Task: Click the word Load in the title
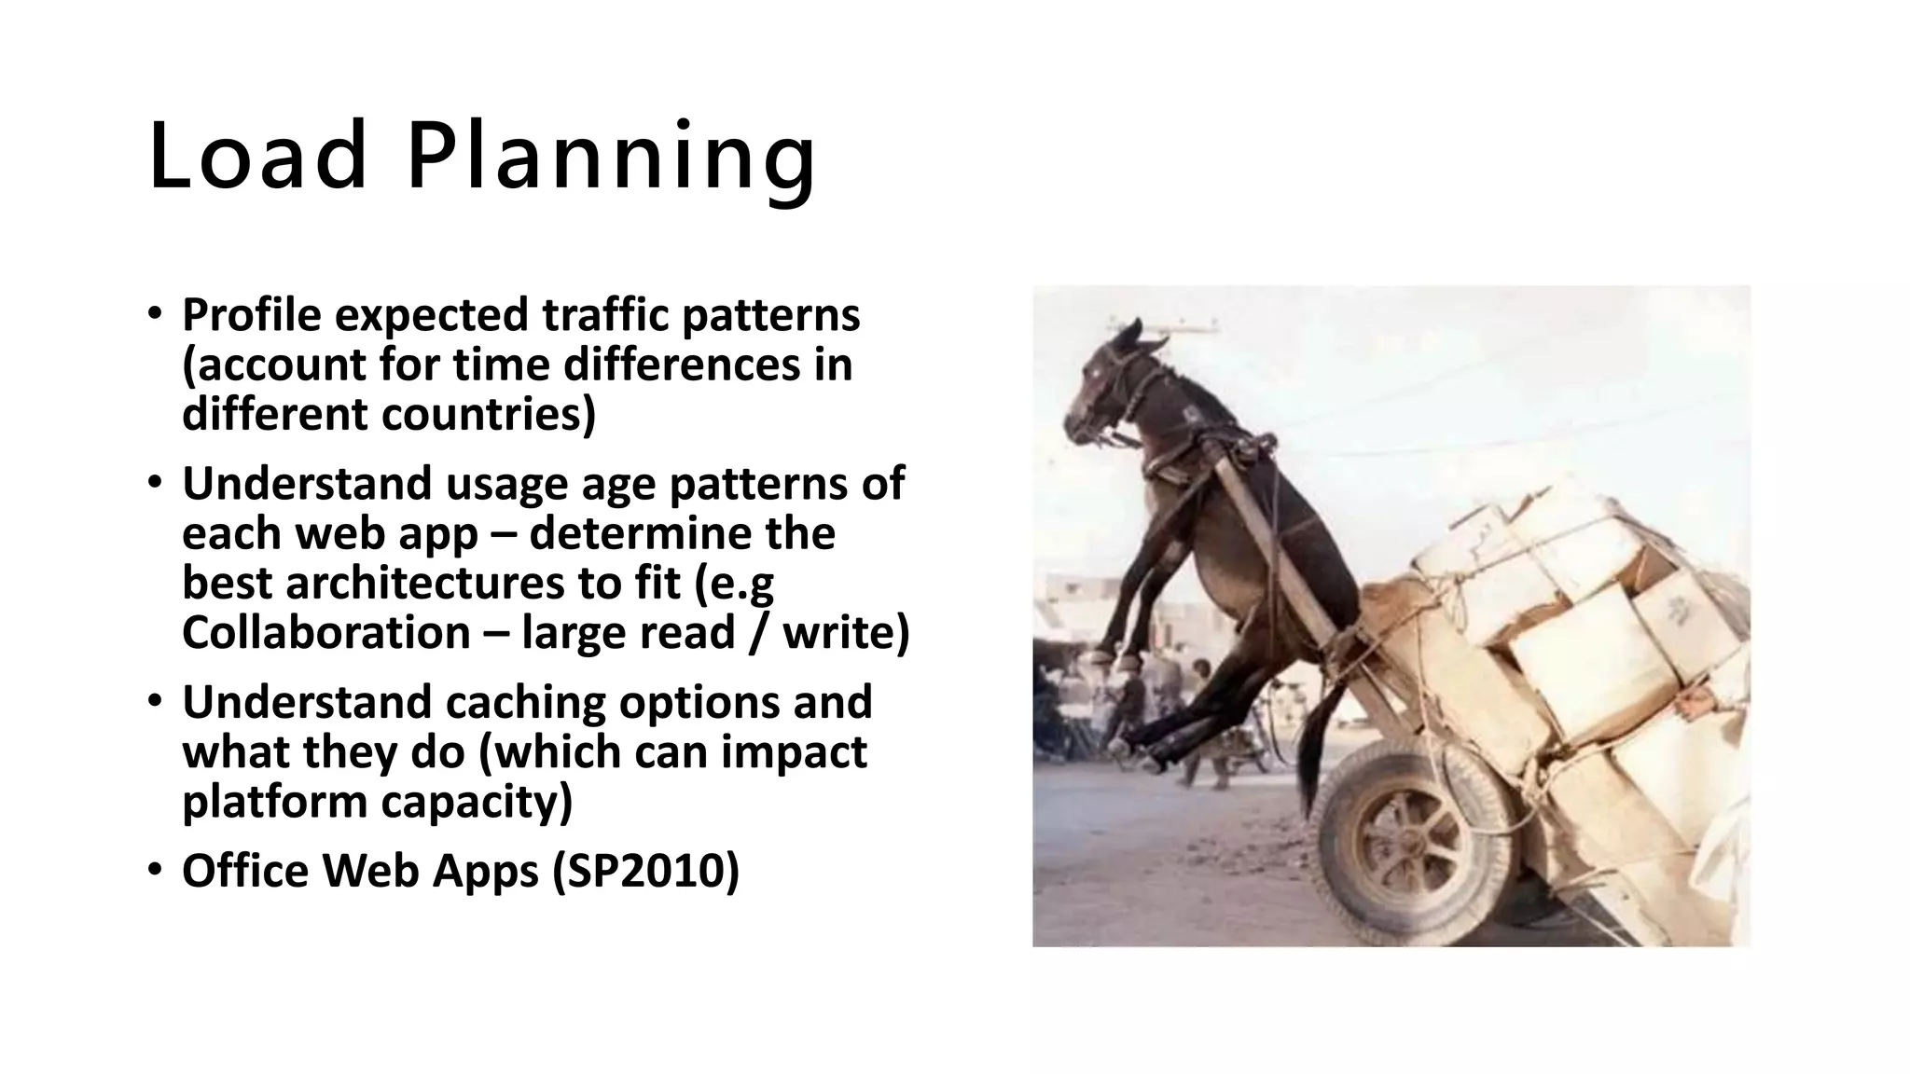click(x=257, y=156)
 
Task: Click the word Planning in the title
click(x=611, y=156)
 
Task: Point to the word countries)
click(x=488, y=414)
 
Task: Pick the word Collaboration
click(x=325, y=633)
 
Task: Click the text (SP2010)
click(x=645, y=871)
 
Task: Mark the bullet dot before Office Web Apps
click(x=155, y=871)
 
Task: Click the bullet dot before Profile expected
click(x=155, y=315)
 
